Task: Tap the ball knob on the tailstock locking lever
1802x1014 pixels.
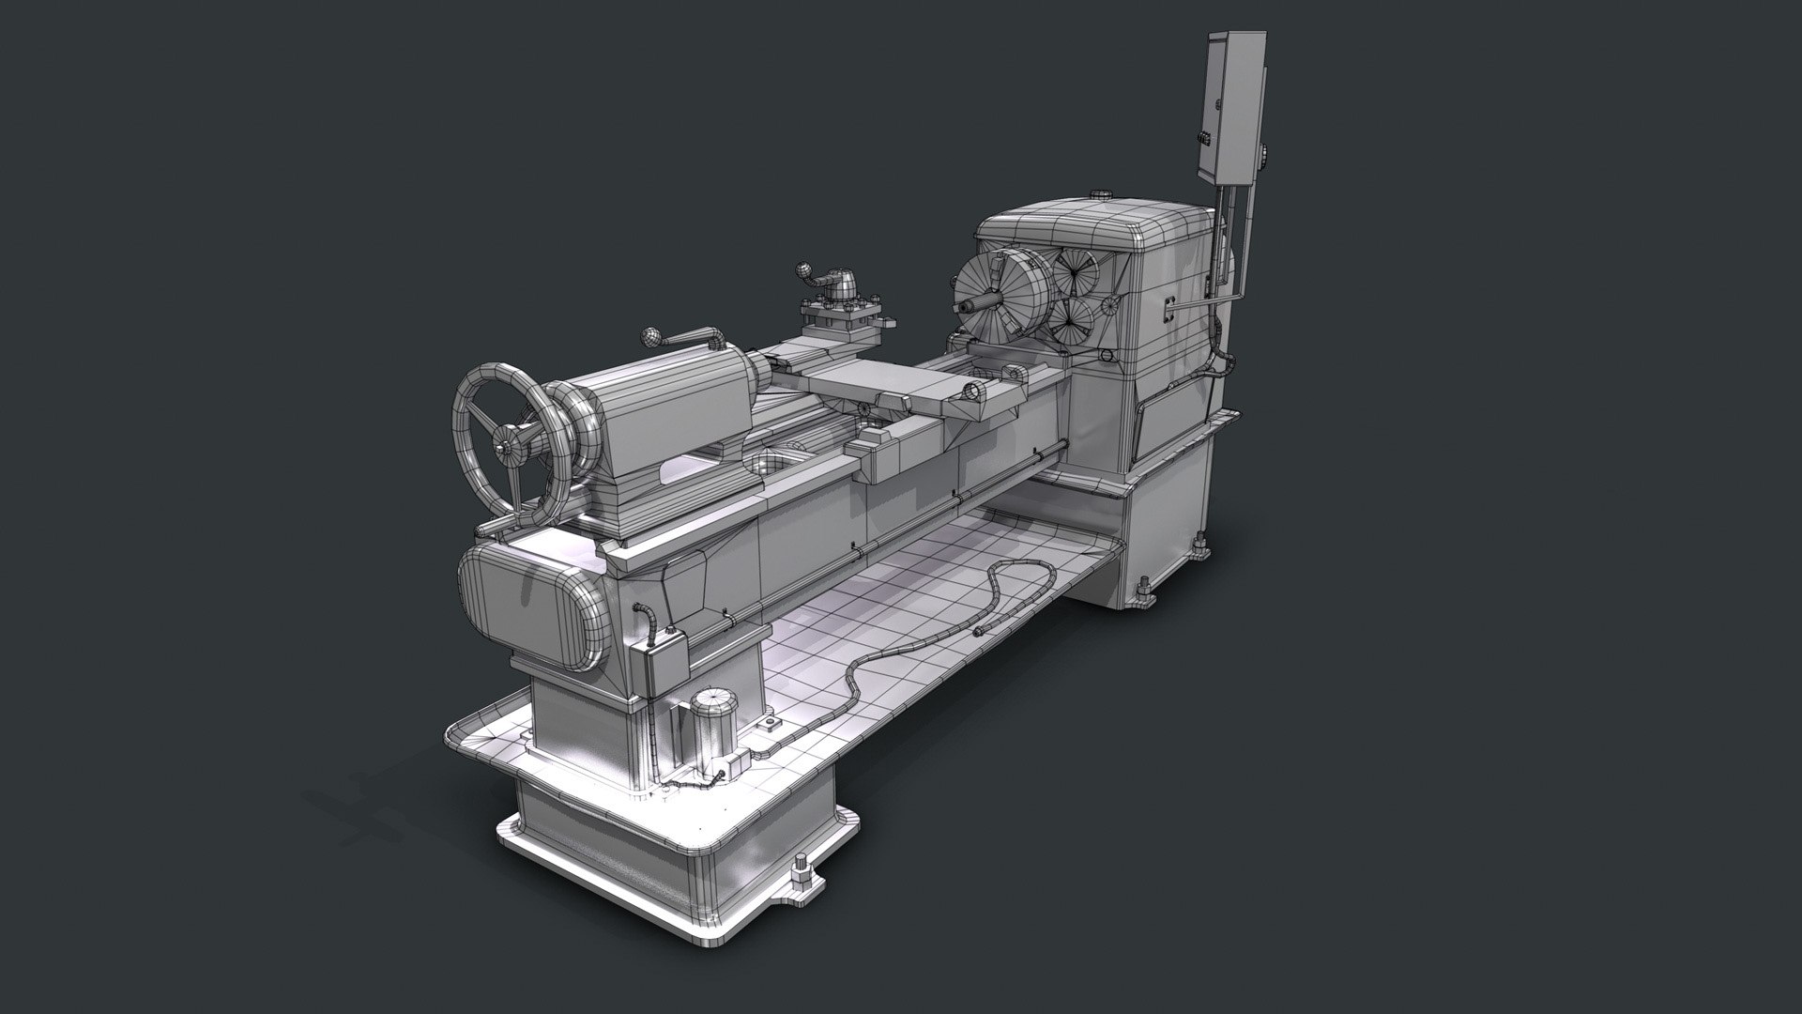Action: [x=649, y=337]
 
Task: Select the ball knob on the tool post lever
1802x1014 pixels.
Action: [x=803, y=271]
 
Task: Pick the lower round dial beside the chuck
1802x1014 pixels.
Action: [x=1071, y=320]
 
